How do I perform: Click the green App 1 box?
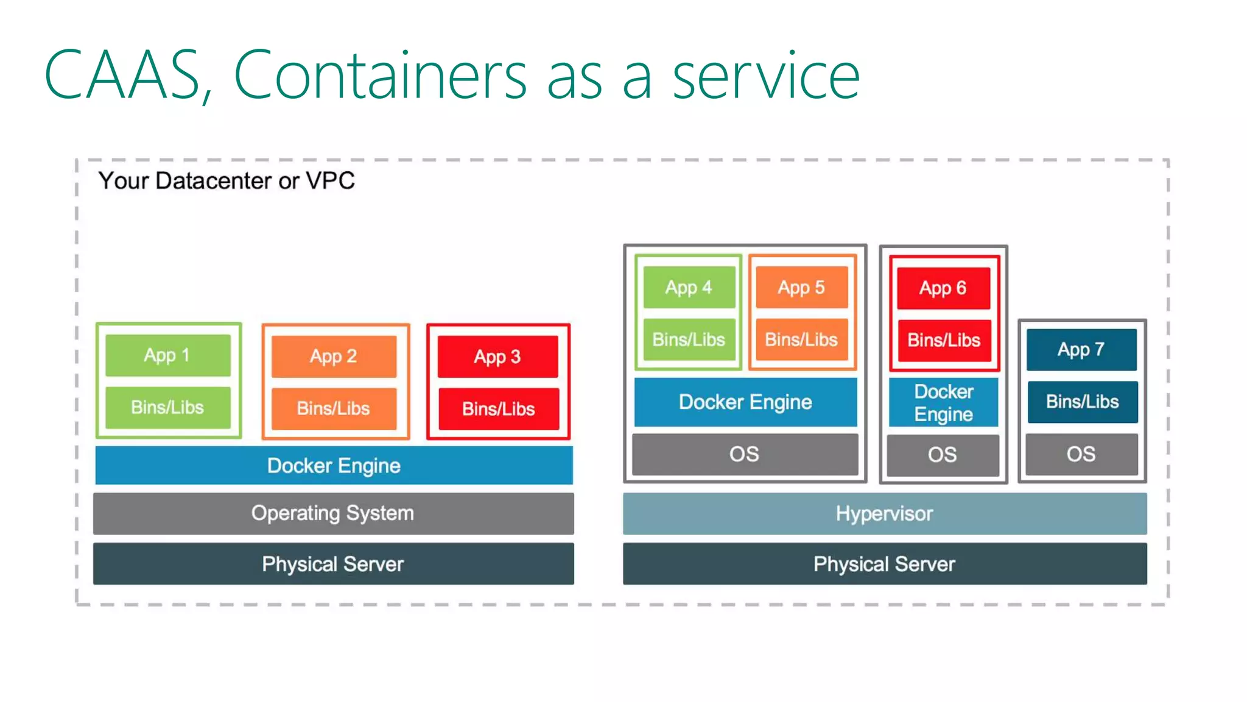[x=167, y=355]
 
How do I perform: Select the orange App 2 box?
[x=334, y=356]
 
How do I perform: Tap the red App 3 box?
[x=497, y=357]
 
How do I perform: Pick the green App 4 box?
[x=689, y=287]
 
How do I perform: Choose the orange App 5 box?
[x=801, y=287]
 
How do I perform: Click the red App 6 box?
[x=943, y=288]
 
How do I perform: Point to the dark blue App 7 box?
[x=1081, y=350]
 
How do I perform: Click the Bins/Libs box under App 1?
[x=167, y=407]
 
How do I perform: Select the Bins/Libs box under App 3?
[x=498, y=409]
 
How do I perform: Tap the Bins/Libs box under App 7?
[x=1082, y=402]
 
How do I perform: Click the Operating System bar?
[x=333, y=513]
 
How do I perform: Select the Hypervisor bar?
[x=884, y=514]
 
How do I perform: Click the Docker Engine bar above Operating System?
[x=334, y=466]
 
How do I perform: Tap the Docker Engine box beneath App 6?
[x=943, y=402]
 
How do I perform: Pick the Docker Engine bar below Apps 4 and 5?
[x=745, y=402]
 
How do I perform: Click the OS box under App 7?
[x=1081, y=454]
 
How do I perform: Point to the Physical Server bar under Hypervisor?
[x=884, y=564]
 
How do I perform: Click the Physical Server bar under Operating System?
[x=333, y=564]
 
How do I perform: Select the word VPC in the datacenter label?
[x=330, y=181]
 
